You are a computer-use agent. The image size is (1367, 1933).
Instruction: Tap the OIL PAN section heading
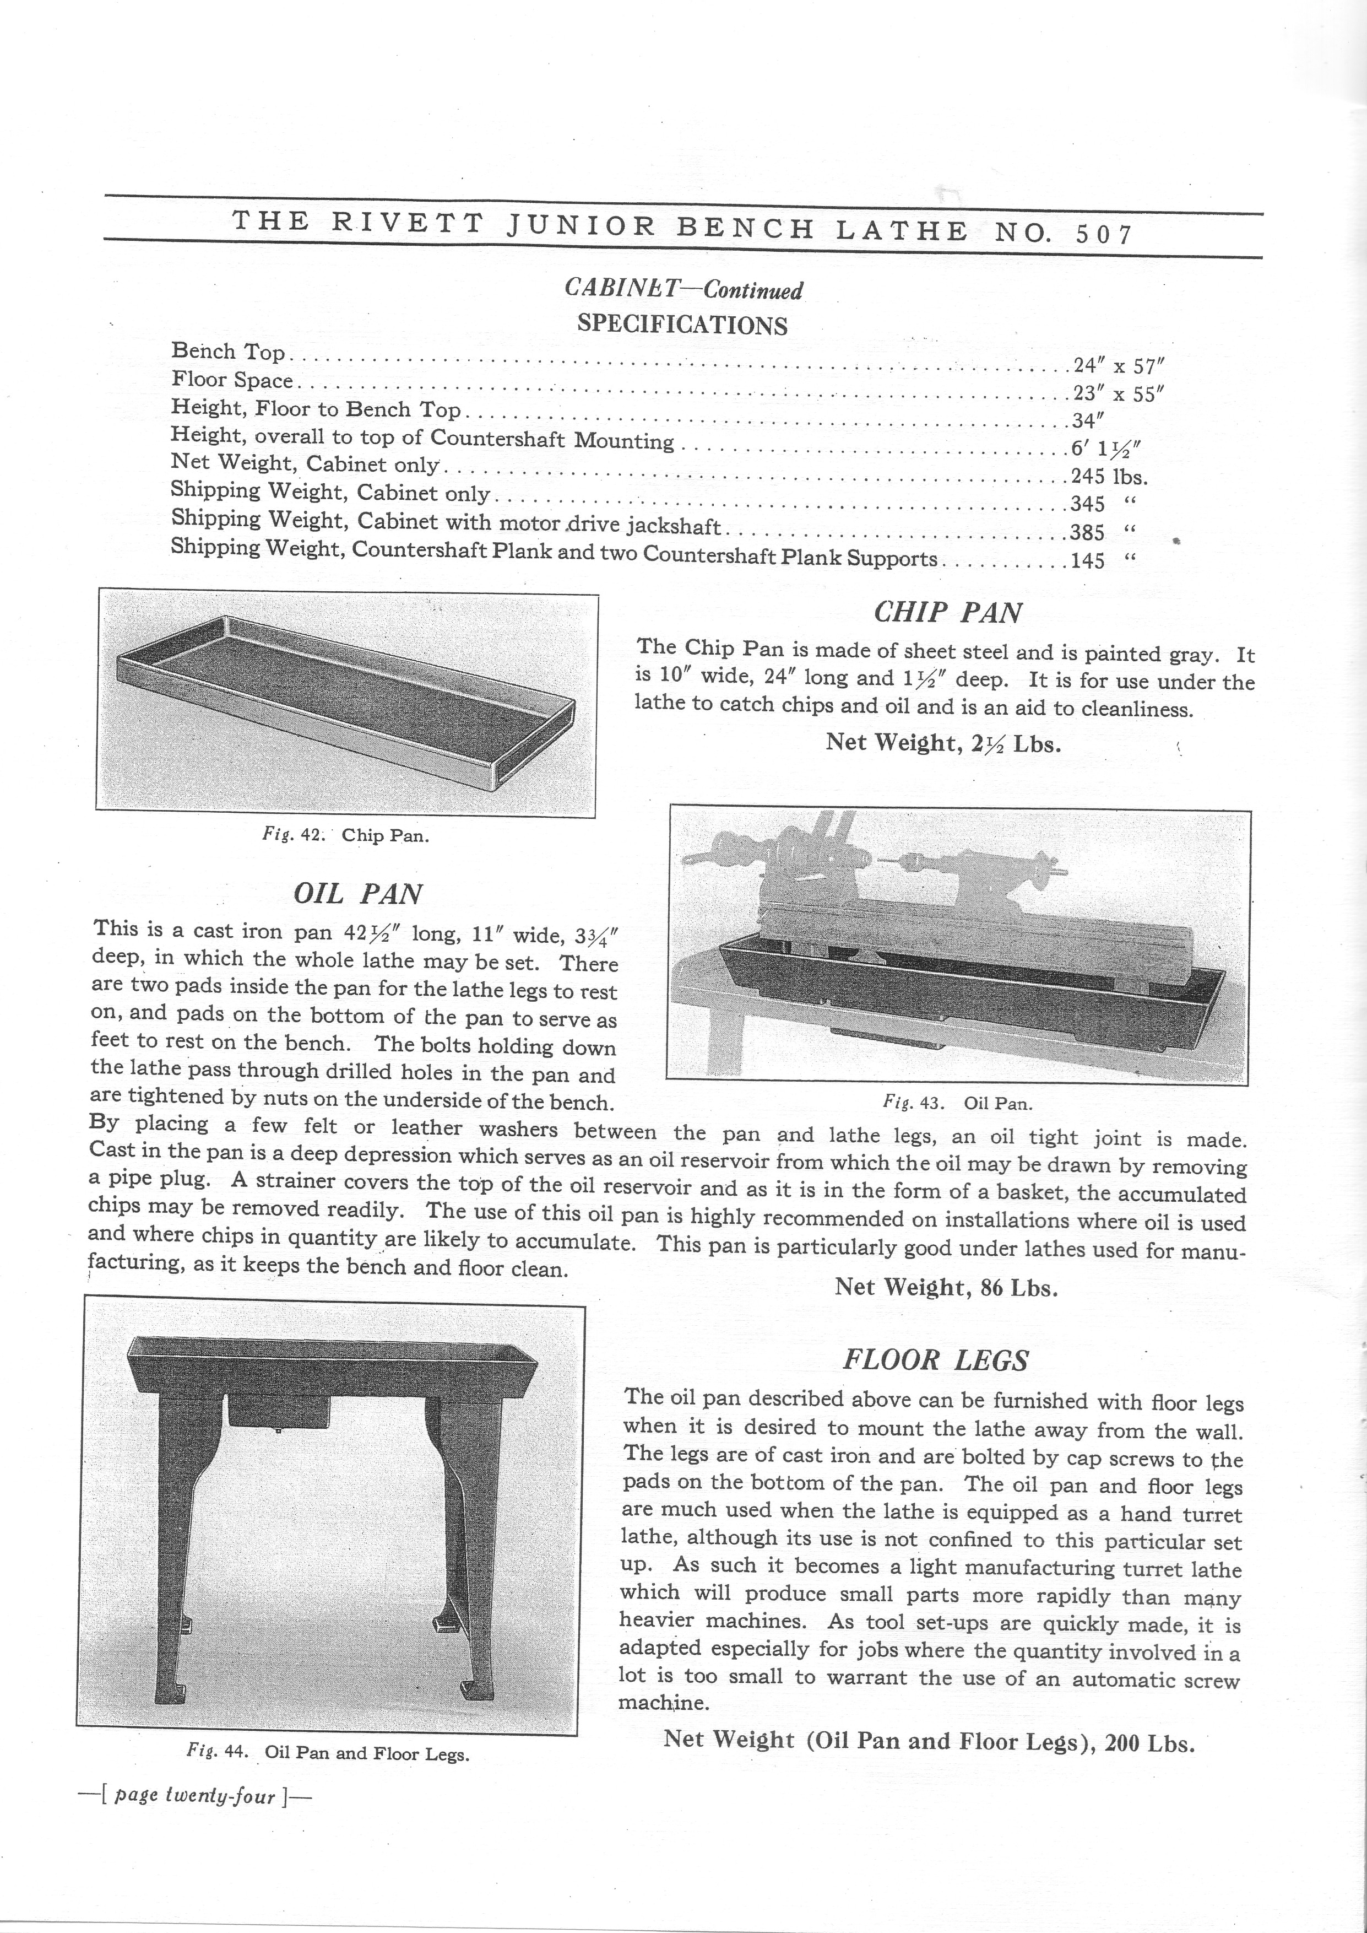(358, 893)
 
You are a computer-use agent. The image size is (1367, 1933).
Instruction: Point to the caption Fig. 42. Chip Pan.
(345, 835)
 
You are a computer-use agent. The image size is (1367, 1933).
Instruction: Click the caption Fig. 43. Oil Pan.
(957, 1102)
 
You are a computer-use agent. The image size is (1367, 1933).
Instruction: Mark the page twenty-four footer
(194, 1796)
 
